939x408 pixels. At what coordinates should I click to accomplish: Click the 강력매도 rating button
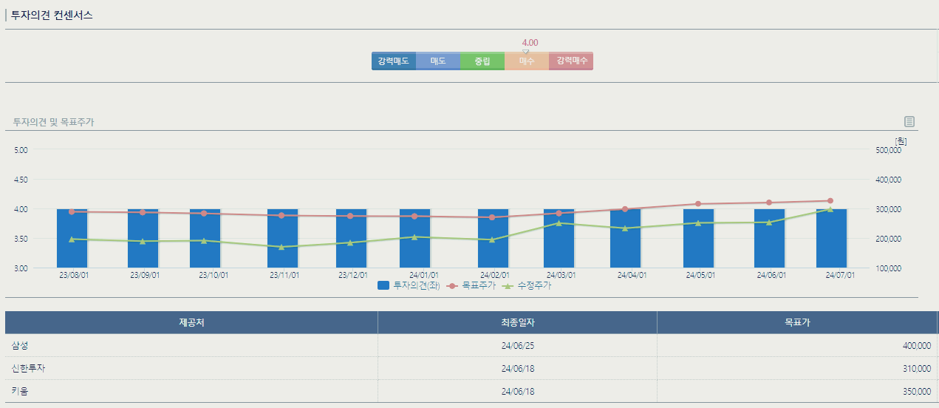(393, 61)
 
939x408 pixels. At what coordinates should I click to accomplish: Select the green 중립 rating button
(482, 61)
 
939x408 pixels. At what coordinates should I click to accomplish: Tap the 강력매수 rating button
(571, 61)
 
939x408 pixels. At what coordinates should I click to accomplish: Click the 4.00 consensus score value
(530, 43)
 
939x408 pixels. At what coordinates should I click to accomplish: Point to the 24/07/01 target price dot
(830, 201)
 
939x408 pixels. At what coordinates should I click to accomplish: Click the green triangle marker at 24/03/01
(559, 222)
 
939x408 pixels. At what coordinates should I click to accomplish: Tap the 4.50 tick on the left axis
(21, 180)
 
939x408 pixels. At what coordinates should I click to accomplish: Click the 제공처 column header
(191, 322)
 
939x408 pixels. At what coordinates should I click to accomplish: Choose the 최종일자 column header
(517, 322)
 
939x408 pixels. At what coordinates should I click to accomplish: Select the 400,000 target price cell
(916, 346)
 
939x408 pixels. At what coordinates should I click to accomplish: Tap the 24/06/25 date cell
(517, 346)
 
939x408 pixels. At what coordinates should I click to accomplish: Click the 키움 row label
(19, 391)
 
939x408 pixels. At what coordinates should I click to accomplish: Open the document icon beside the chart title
(909, 122)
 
